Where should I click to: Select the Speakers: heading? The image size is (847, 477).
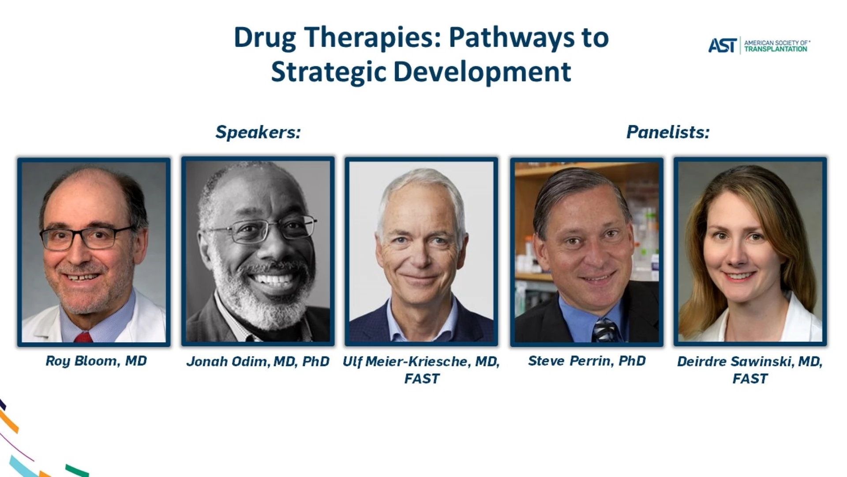(258, 132)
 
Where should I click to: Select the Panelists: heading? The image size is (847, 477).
(668, 132)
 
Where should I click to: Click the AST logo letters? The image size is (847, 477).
(723, 45)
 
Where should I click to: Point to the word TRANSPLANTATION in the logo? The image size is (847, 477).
(776, 49)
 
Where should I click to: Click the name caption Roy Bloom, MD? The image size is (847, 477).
(96, 361)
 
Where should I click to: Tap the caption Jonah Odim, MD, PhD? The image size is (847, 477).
(258, 362)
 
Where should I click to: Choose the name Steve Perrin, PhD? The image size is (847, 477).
(587, 361)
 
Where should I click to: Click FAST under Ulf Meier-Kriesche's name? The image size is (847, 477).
(422, 379)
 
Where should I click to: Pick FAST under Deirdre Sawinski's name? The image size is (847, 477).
(750, 379)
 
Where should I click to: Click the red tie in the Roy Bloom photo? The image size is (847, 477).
(83, 338)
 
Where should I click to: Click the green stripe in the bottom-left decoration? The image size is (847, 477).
(77, 470)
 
